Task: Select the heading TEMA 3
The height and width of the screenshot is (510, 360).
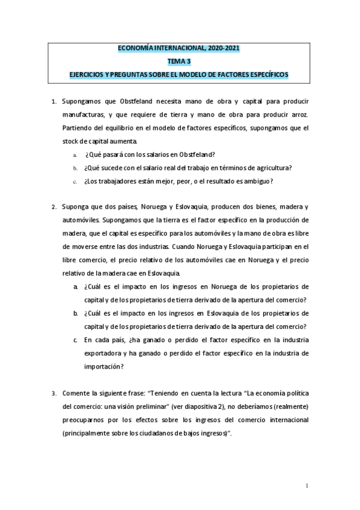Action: (180, 61)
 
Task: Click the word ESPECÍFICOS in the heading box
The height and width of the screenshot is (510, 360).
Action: (266, 74)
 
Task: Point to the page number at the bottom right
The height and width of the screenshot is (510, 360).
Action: (307, 485)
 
